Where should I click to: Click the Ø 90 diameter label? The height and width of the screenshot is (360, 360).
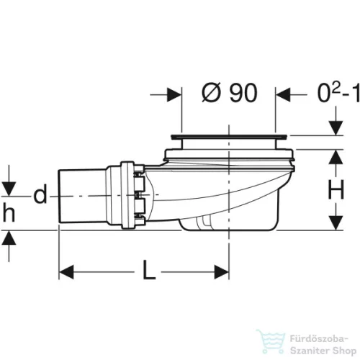pyautogui.click(x=230, y=93)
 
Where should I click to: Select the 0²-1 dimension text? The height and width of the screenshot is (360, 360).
pyautogui.click(x=338, y=94)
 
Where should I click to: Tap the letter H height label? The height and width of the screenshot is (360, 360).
pyautogui.click(x=336, y=189)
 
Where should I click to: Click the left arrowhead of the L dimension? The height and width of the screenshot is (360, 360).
pyautogui.click(x=66, y=272)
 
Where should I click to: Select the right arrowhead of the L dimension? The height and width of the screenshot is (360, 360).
pyautogui.click(x=221, y=272)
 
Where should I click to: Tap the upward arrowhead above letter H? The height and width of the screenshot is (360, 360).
pyautogui.click(x=336, y=157)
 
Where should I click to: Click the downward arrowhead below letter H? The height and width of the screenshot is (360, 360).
pyautogui.click(x=336, y=222)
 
